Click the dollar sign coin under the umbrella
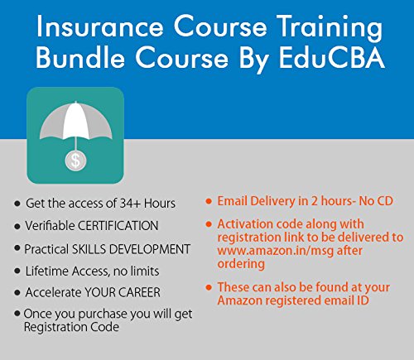pos(75,160)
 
